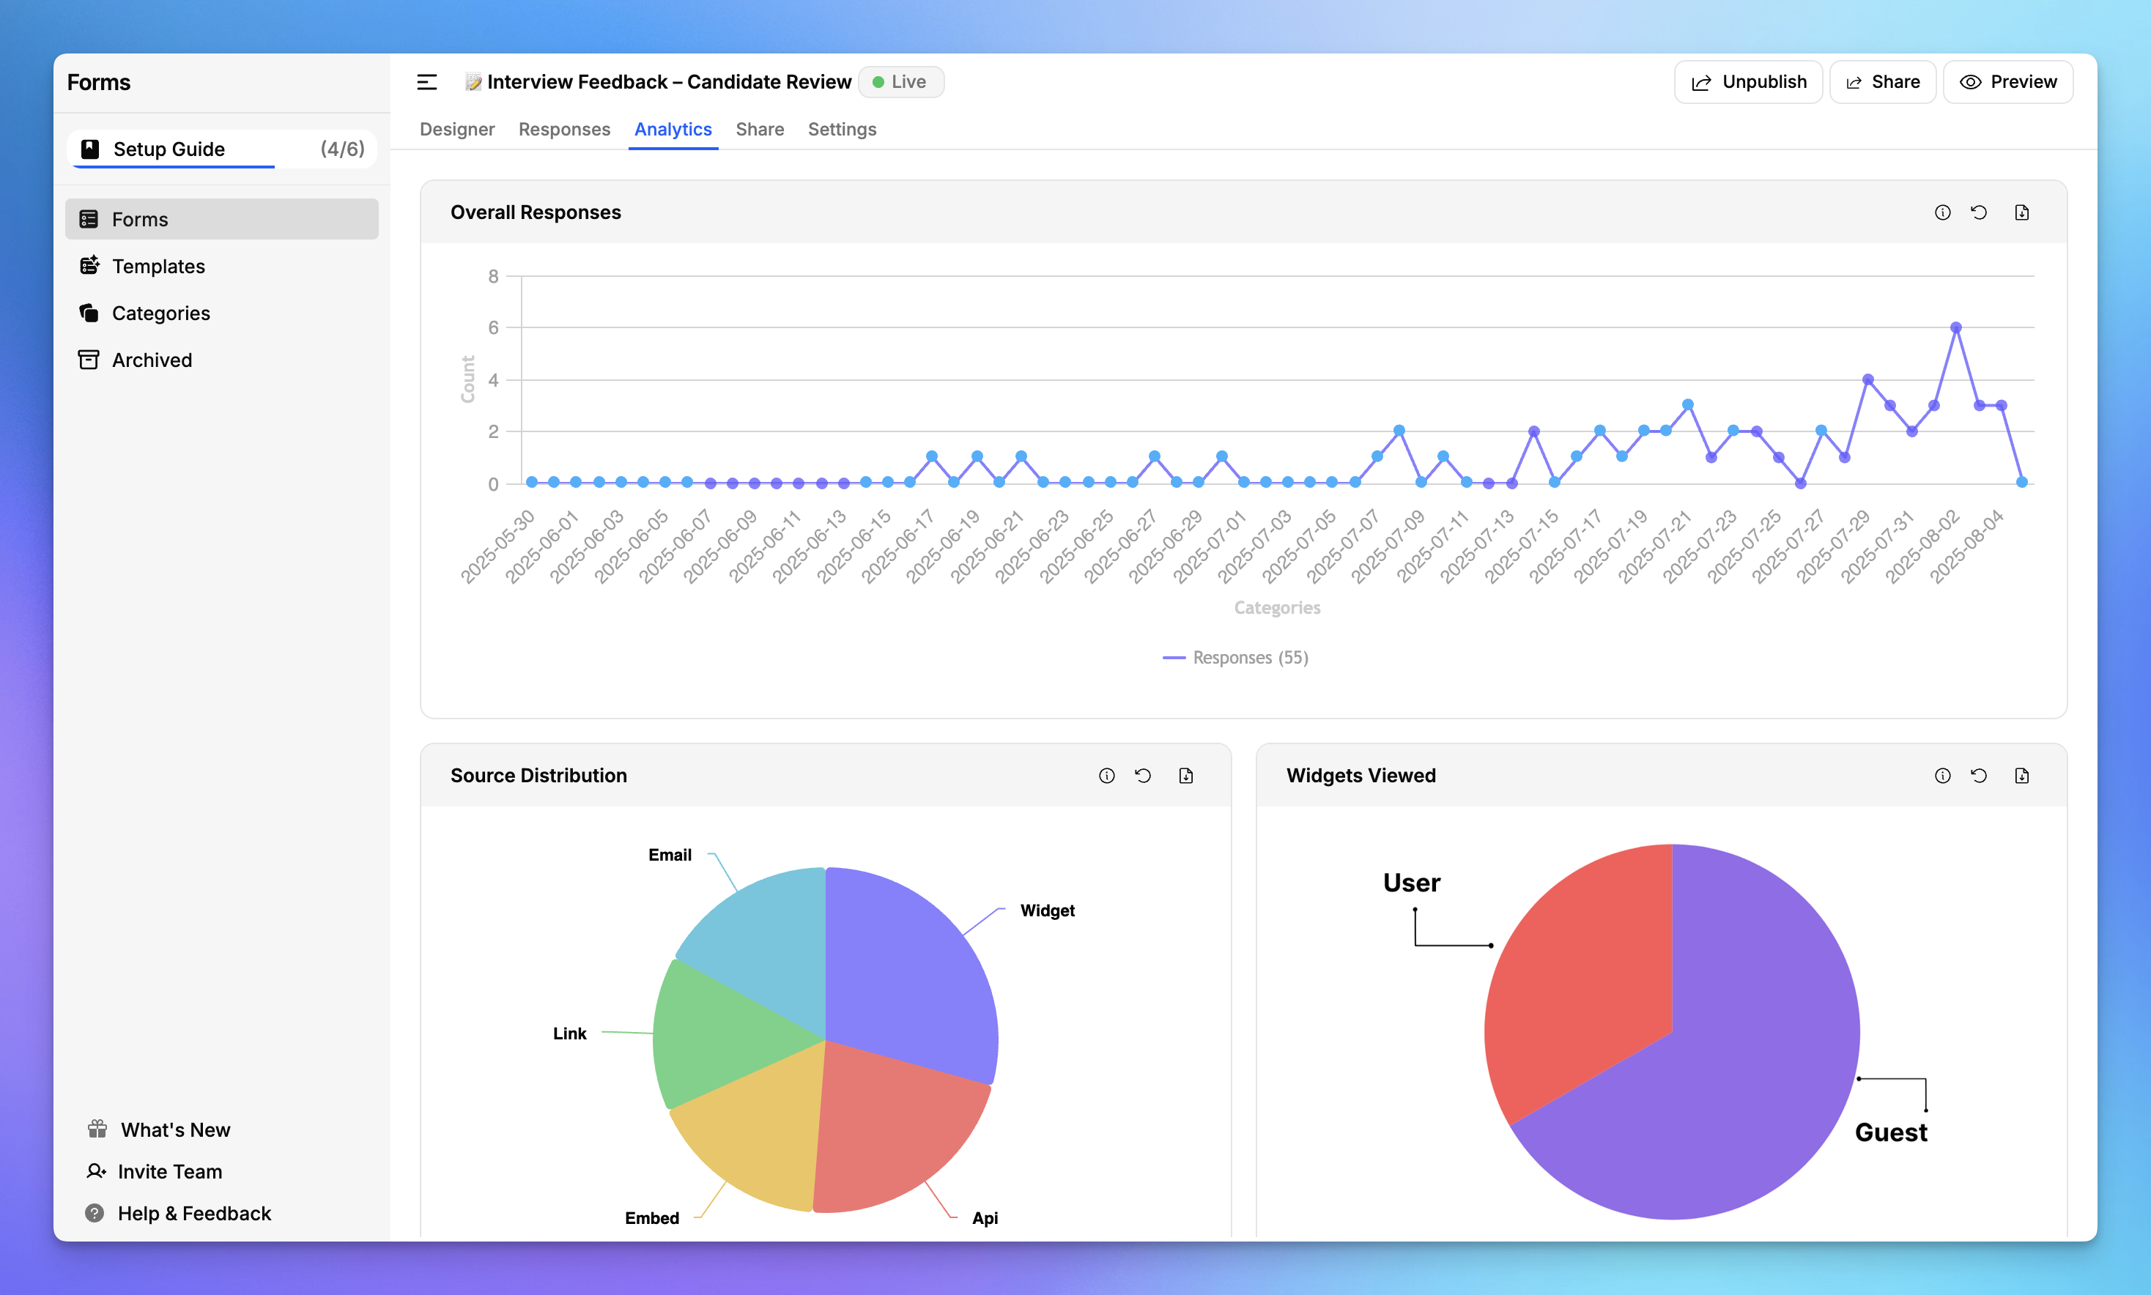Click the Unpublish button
point(1748,82)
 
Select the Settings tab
point(841,129)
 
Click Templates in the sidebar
point(158,266)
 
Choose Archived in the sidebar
point(152,360)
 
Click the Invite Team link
point(169,1171)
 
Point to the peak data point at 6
point(1955,328)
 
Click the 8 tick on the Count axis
point(493,277)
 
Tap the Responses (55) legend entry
point(1236,657)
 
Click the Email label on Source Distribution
point(670,856)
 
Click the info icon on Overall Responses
point(1941,213)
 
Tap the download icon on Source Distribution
point(1185,776)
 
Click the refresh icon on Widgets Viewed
point(1978,776)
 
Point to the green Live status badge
point(900,82)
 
